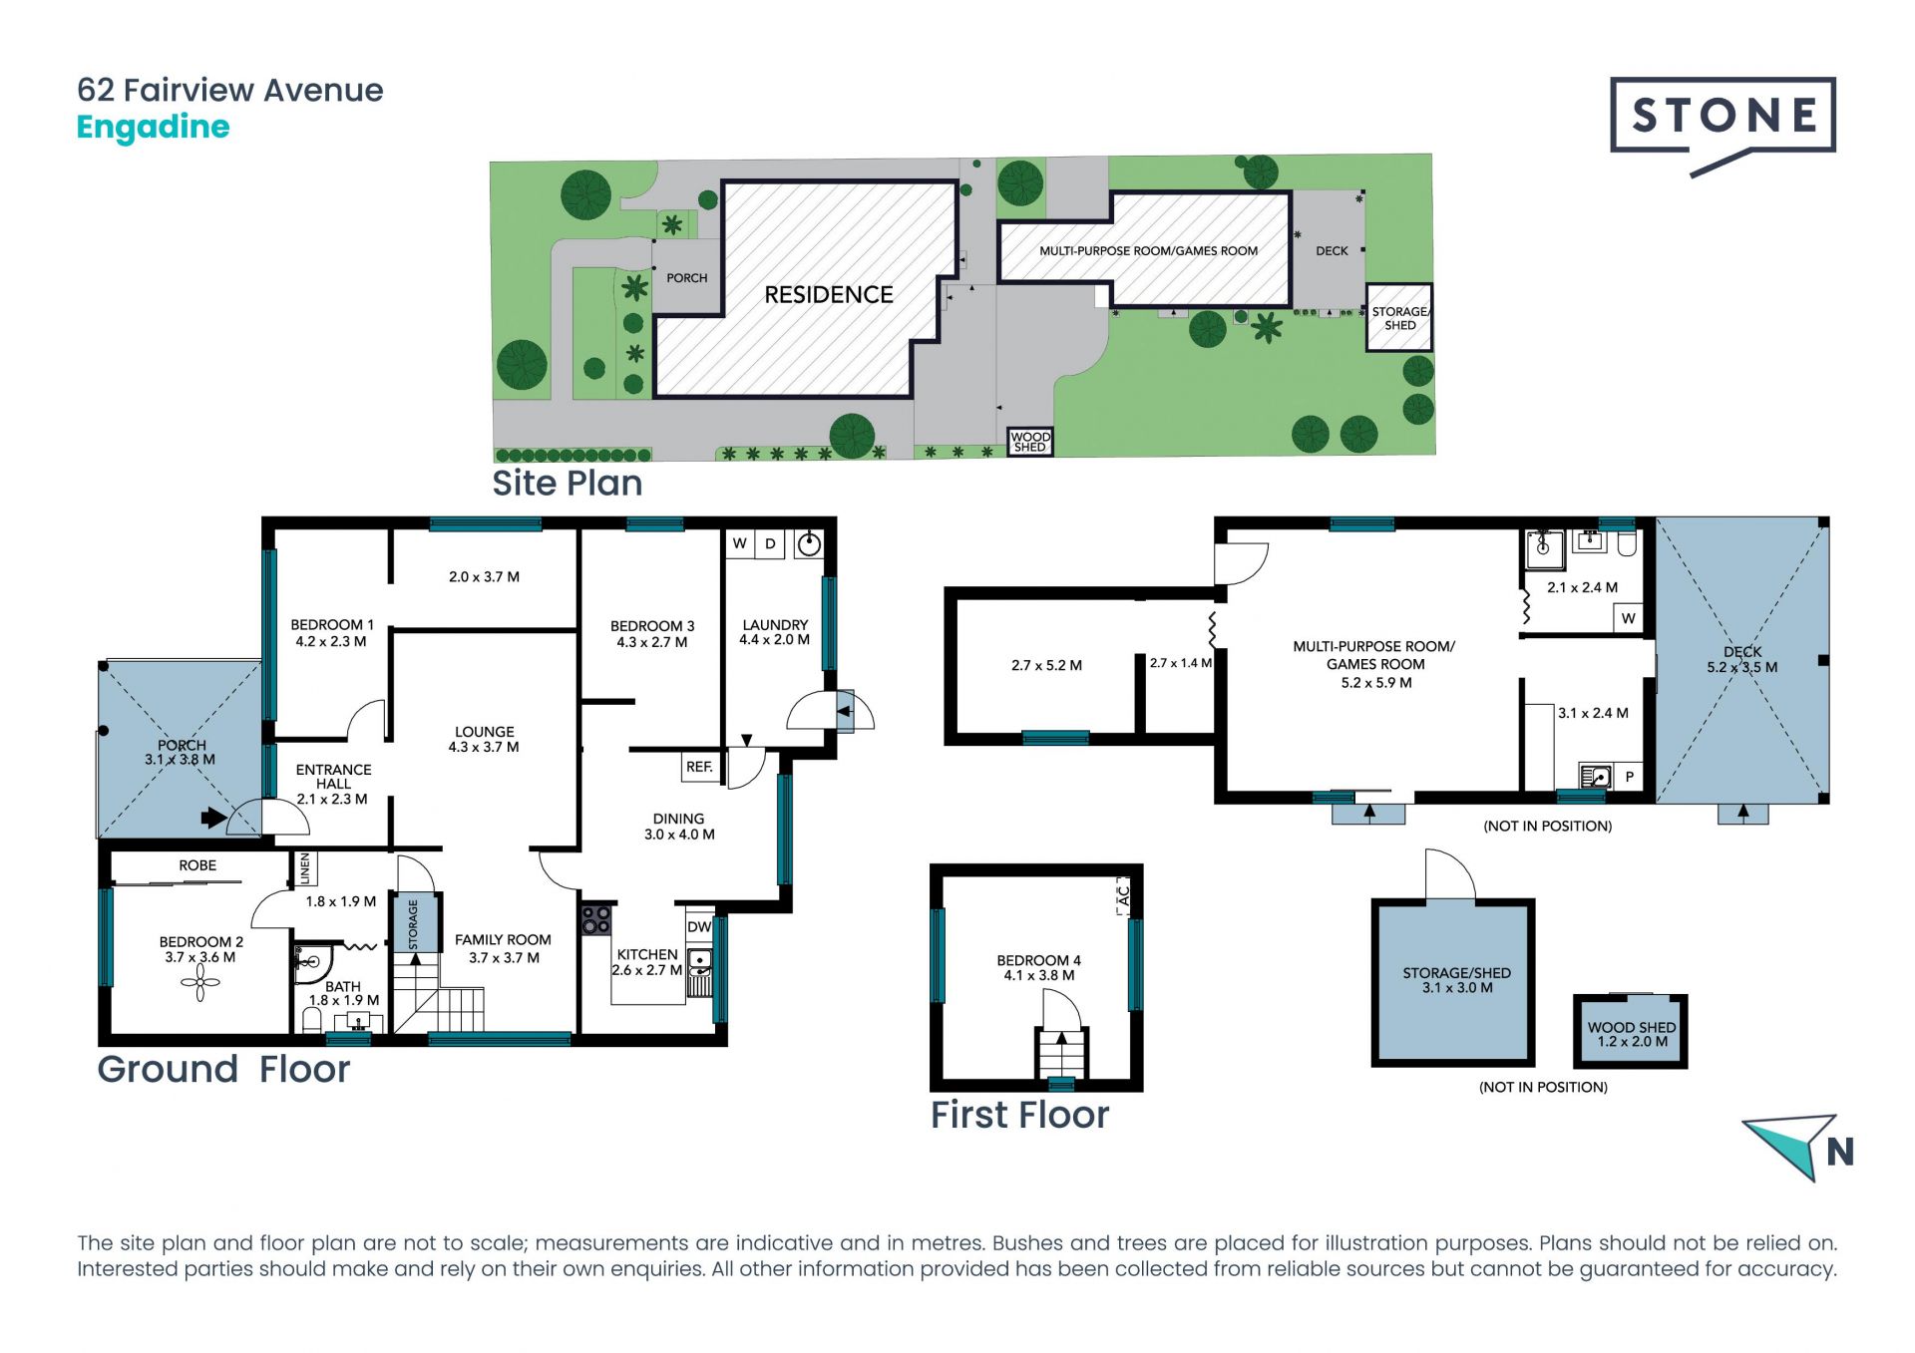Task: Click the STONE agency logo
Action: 1723,126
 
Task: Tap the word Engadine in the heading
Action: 154,128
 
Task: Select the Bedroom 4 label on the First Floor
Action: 1038,967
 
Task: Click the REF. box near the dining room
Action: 699,767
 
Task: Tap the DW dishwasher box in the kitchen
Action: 699,926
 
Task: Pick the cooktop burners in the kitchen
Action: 596,919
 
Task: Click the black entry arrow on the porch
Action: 213,818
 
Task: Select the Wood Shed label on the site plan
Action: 1030,442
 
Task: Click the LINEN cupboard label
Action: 305,867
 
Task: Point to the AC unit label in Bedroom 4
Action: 1123,895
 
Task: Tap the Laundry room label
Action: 775,632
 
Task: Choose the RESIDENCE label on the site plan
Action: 829,295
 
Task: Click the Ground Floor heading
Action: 223,1069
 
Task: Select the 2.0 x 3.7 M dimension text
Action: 484,577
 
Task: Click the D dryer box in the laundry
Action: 770,543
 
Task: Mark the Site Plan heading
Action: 567,484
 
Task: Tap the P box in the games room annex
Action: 1630,777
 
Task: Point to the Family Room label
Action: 503,948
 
